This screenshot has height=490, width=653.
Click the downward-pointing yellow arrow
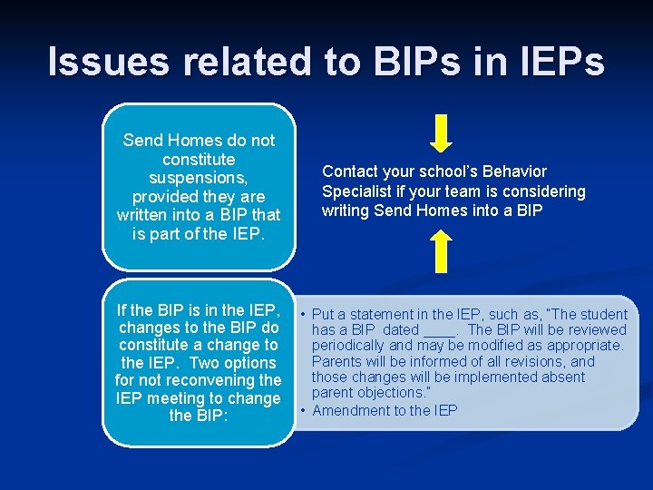point(440,132)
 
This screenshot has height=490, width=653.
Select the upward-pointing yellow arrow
point(440,250)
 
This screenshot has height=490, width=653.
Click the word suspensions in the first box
point(199,178)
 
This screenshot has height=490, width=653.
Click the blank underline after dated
point(440,330)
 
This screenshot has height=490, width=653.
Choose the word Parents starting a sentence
point(337,362)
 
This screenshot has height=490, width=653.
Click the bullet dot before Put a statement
point(303,315)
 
